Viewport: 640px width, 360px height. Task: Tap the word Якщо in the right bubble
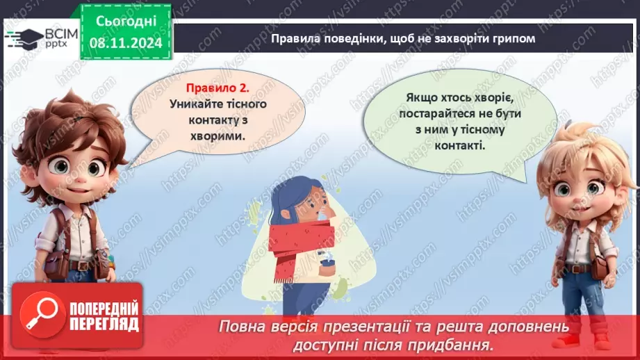(424, 99)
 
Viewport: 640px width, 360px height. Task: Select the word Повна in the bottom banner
(241, 326)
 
